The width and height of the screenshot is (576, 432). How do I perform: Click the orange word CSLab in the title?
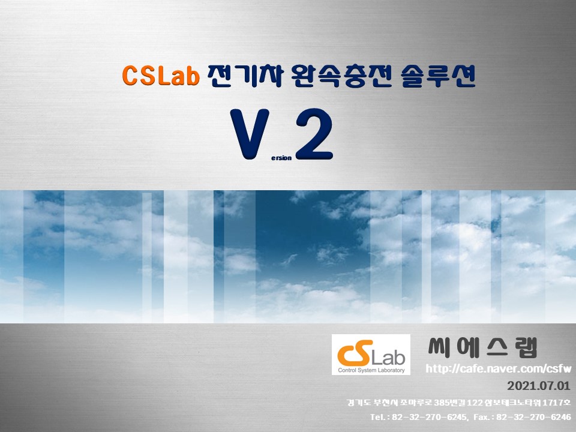(161, 76)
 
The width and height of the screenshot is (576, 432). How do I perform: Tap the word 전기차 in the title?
(245, 76)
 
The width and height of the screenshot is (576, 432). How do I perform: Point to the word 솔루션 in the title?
(438, 76)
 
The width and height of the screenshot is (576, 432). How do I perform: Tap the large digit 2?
(314, 134)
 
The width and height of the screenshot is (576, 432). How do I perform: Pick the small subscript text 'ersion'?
(281, 158)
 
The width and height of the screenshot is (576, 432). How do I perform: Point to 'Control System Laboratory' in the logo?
(371, 370)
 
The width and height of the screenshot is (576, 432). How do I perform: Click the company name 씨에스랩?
(482, 347)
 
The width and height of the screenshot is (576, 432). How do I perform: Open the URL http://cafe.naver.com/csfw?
(499, 368)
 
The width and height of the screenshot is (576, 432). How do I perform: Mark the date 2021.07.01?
(539, 386)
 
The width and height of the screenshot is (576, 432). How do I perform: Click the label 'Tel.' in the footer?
(377, 417)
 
